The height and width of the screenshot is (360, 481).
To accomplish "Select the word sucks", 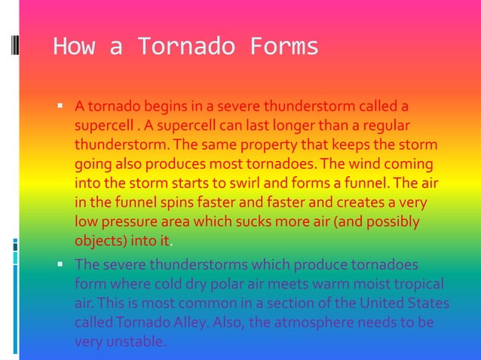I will (x=250, y=223).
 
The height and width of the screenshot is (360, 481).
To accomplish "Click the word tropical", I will (x=414, y=285).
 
